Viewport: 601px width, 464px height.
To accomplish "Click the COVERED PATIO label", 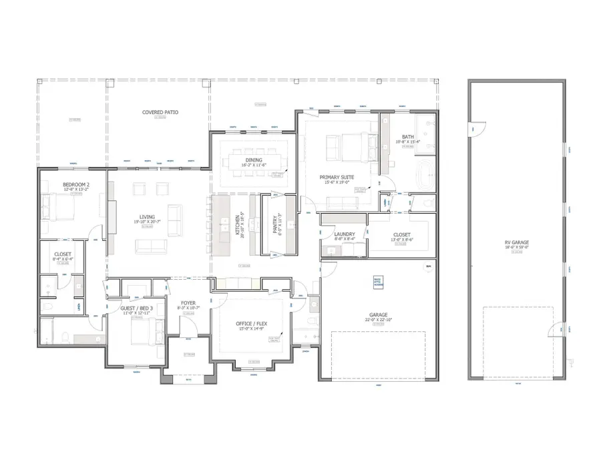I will [x=160, y=112].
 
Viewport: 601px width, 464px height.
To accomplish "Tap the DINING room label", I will [x=254, y=160].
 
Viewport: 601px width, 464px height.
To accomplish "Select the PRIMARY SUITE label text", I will [x=337, y=177].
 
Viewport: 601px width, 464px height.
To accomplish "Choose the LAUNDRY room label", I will [x=344, y=234].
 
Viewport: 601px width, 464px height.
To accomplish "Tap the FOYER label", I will [x=188, y=303].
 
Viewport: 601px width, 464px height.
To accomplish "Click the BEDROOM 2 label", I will [x=75, y=184].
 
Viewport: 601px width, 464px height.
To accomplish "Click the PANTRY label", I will [x=274, y=224].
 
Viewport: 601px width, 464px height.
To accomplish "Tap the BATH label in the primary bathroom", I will [x=407, y=136].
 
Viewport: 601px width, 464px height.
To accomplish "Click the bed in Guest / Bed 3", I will [x=146, y=329].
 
